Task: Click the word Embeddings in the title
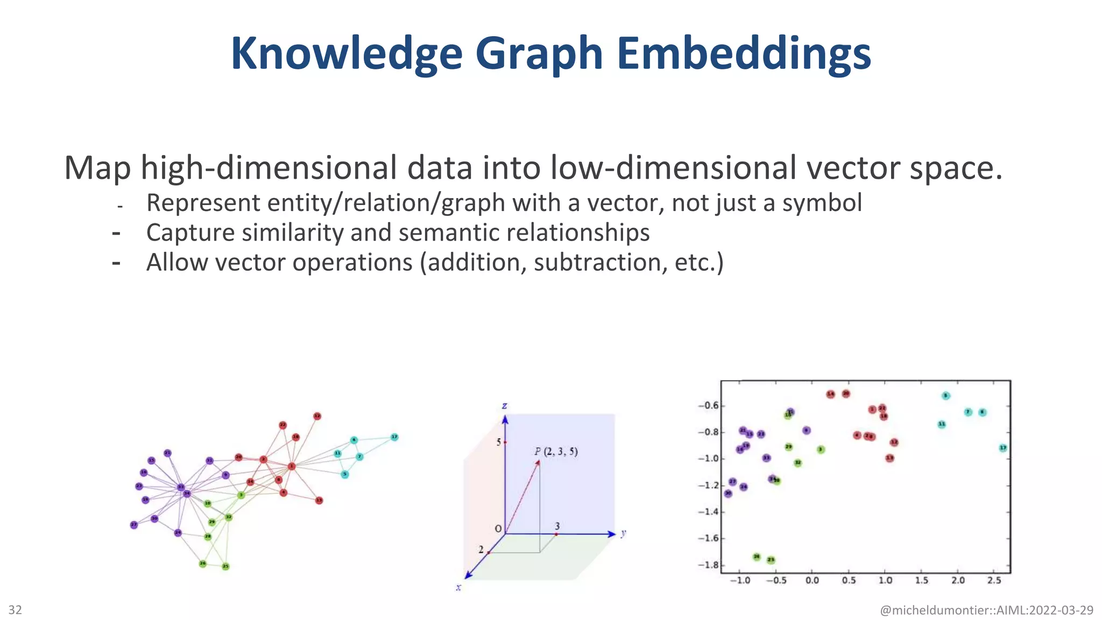pos(744,54)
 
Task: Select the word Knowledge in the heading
pos(347,54)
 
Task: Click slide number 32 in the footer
pos(15,610)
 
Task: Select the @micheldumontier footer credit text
pos(986,610)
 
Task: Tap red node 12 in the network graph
pos(317,416)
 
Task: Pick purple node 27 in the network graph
pos(134,525)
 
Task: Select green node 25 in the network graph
pos(225,566)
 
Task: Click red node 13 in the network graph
pos(319,501)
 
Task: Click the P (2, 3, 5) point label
pos(556,452)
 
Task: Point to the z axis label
pos(504,406)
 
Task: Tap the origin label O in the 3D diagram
pos(498,529)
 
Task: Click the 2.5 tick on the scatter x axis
pos(994,580)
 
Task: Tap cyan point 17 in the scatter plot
pos(1003,448)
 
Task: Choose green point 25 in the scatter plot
pos(771,560)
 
